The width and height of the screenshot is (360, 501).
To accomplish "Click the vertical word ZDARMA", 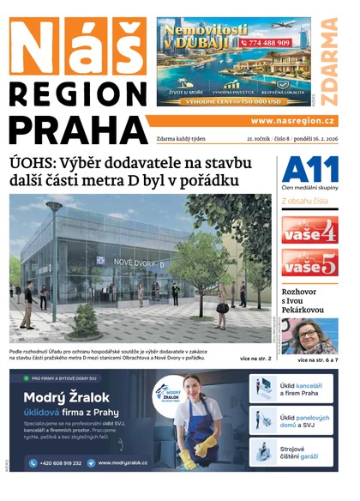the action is pos(329,58).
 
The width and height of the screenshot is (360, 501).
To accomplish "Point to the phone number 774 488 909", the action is pos(268,42).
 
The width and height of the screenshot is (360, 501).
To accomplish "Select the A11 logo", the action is pos(309,168).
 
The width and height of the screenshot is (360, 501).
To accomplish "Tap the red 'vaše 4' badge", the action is pos(309,230).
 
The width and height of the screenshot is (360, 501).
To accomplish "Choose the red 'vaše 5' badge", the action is pos(309,263).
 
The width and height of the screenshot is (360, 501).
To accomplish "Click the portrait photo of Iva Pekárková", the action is pos(309,335).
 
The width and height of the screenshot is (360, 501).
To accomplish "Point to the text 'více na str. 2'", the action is pos(255,358).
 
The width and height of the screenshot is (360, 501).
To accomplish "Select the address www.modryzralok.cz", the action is pos(123,463).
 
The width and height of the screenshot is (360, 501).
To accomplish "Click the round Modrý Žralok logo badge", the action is pos(167,394).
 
